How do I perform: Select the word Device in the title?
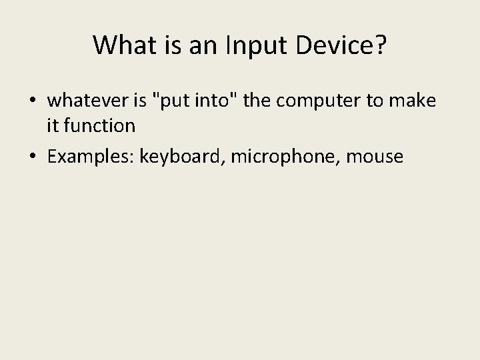[x=334, y=45]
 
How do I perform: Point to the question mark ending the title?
[x=380, y=45]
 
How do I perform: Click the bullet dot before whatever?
[x=31, y=102]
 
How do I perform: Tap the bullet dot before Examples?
[x=31, y=157]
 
